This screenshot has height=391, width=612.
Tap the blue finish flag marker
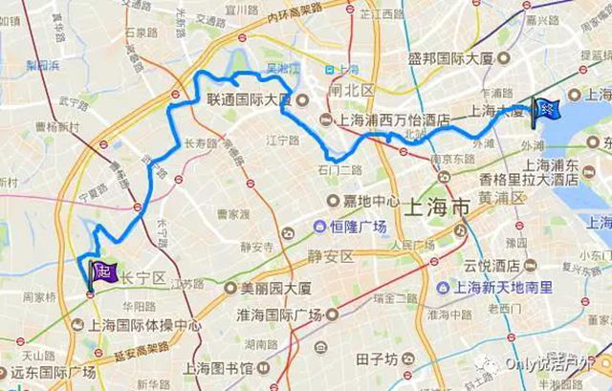[545, 109]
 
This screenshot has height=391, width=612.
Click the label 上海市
[435, 205]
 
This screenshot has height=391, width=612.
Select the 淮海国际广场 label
[287, 313]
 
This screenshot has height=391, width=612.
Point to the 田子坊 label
[375, 359]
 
